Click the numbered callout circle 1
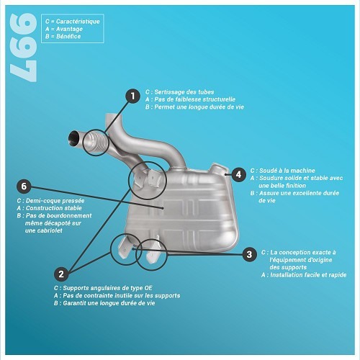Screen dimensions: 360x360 click(x=132, y=96)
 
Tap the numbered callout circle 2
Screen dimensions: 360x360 click(x=62, y=274)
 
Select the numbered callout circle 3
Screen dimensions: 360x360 click(x=248, y=253)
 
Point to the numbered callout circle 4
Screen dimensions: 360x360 click(x=240, y=173)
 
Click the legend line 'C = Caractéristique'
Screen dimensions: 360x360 click(x=72, y=22)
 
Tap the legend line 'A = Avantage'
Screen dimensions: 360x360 click(x=63, y=29)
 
